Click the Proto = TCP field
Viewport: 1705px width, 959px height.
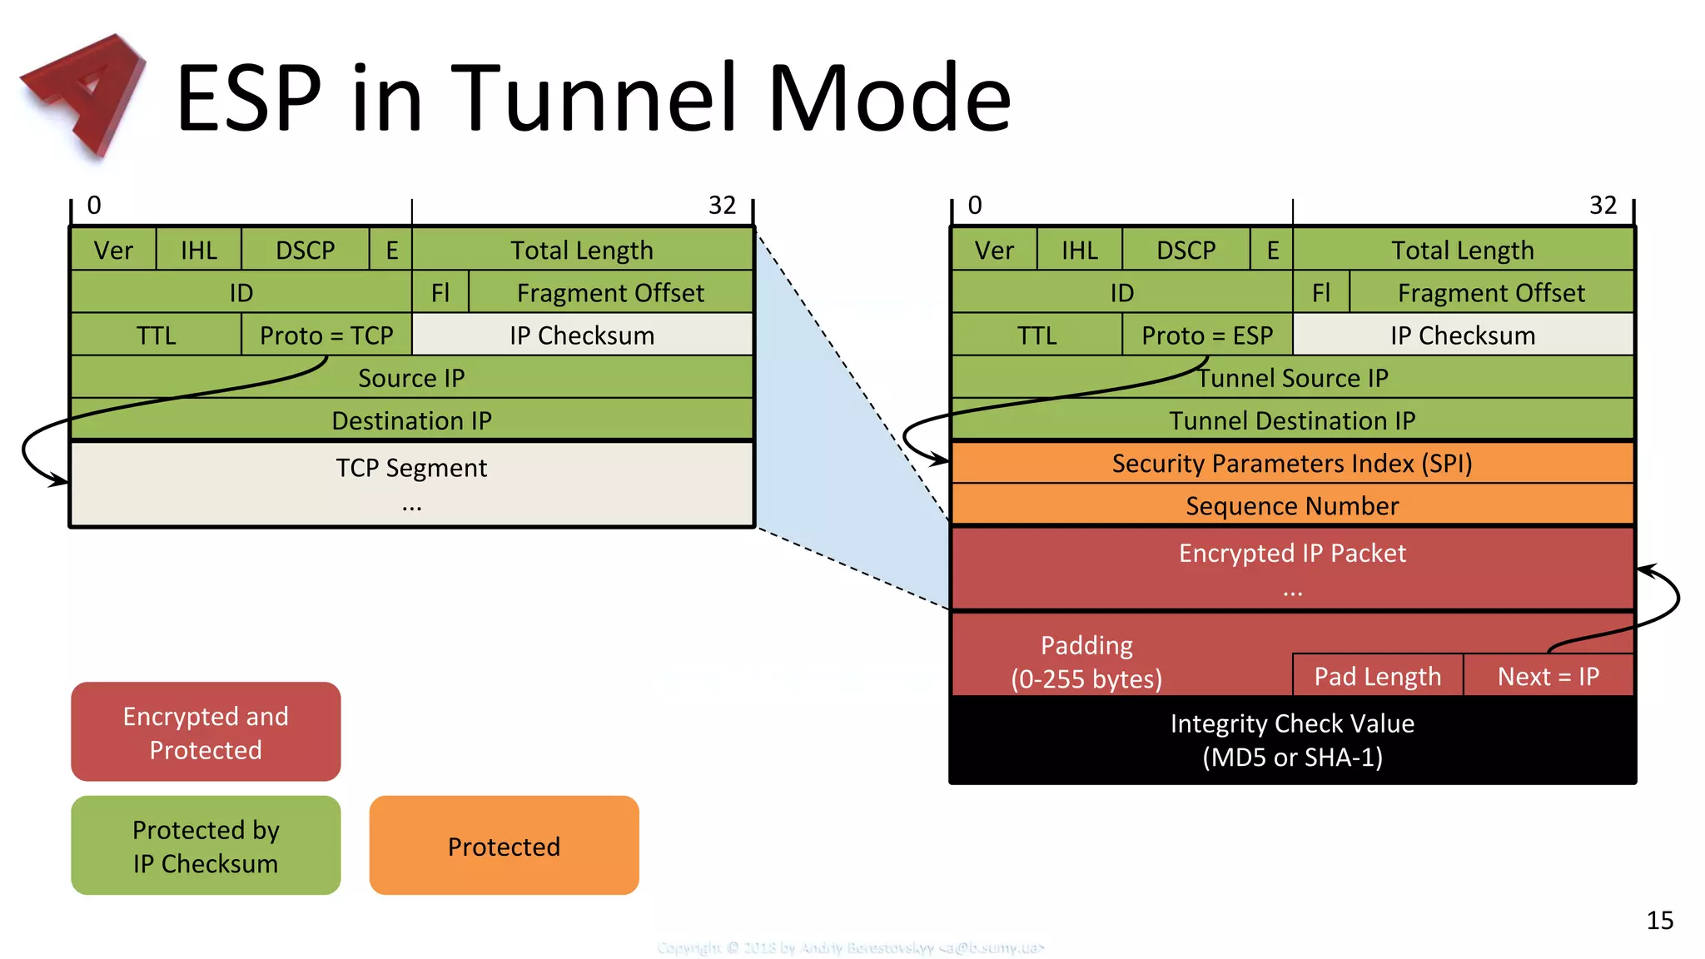click(x=326, y=335)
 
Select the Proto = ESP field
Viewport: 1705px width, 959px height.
click(x=1207, y=335)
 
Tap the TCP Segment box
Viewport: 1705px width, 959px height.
click(x=411, y=484)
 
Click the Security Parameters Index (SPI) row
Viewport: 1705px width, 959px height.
click(x=1292, y=463)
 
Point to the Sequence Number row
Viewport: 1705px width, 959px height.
click(x=1292, y=505)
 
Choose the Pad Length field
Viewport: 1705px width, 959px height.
click(x=1377, y=676)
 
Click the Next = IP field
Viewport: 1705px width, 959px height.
click(x=1548, y=676)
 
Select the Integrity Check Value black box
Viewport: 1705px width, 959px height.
click(x=1292, y=739)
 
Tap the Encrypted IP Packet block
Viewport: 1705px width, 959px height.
click(x=1292, y=569)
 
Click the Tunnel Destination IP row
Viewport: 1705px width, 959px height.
click(x=1292, y=420)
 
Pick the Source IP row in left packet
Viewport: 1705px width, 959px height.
click(x=411, y=378)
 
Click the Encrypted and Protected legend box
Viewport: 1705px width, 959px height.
click(x=206, y=732)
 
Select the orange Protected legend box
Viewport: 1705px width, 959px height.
click(x=504, y=846)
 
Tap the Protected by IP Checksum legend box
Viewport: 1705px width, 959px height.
click(x=206, y=846)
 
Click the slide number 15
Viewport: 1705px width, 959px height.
click(x=1659, y=920)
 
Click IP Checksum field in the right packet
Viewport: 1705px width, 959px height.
click(x=1463, y=335)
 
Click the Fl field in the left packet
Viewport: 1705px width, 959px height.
click(x=440, y=292)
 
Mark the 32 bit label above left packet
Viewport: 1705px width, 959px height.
click(x=722, y=206)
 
